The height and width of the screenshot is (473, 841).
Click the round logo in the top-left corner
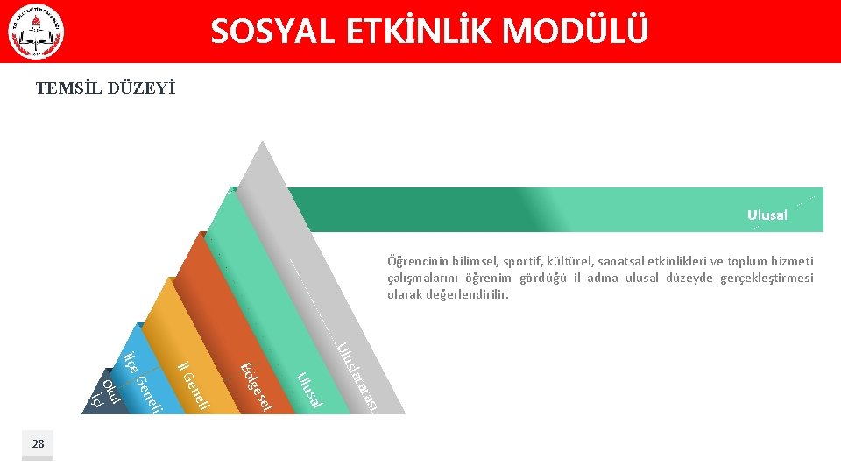(x=36, y=33)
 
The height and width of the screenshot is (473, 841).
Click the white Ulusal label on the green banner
(x=767, y=215)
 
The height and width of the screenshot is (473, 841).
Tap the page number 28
(x=38, y=444)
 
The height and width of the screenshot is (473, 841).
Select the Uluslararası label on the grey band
(x=359, y=378)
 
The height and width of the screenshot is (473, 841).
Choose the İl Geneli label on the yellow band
(x=194, y=386)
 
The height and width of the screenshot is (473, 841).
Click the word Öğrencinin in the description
(x=417, y=261)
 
